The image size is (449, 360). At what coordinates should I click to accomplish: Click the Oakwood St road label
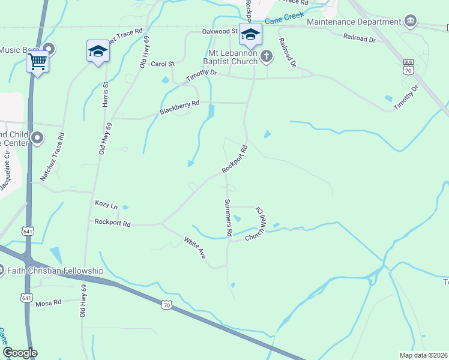click(220, 31)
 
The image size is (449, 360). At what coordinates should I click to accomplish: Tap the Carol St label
click(162, 64)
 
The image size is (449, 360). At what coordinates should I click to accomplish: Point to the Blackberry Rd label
click(179, 108)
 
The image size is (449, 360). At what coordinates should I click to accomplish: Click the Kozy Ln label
click(106, 205)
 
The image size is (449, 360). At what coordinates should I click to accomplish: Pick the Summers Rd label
click(228, 217)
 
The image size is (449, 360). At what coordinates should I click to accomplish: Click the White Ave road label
click(195, 248)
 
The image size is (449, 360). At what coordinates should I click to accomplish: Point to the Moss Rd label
click(49, 303)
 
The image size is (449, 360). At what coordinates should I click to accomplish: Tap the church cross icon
click(267, 56)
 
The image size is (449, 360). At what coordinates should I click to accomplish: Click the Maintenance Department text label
click(354, 22)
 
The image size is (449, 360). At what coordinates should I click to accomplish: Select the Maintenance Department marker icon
click(411, 22)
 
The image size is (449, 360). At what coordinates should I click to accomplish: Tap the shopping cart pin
click(37, 61)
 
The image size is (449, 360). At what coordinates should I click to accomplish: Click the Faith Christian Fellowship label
click(55, 271)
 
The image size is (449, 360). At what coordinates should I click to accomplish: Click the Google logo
click(20, 353)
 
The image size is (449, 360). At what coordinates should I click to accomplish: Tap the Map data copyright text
click(424, 355)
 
